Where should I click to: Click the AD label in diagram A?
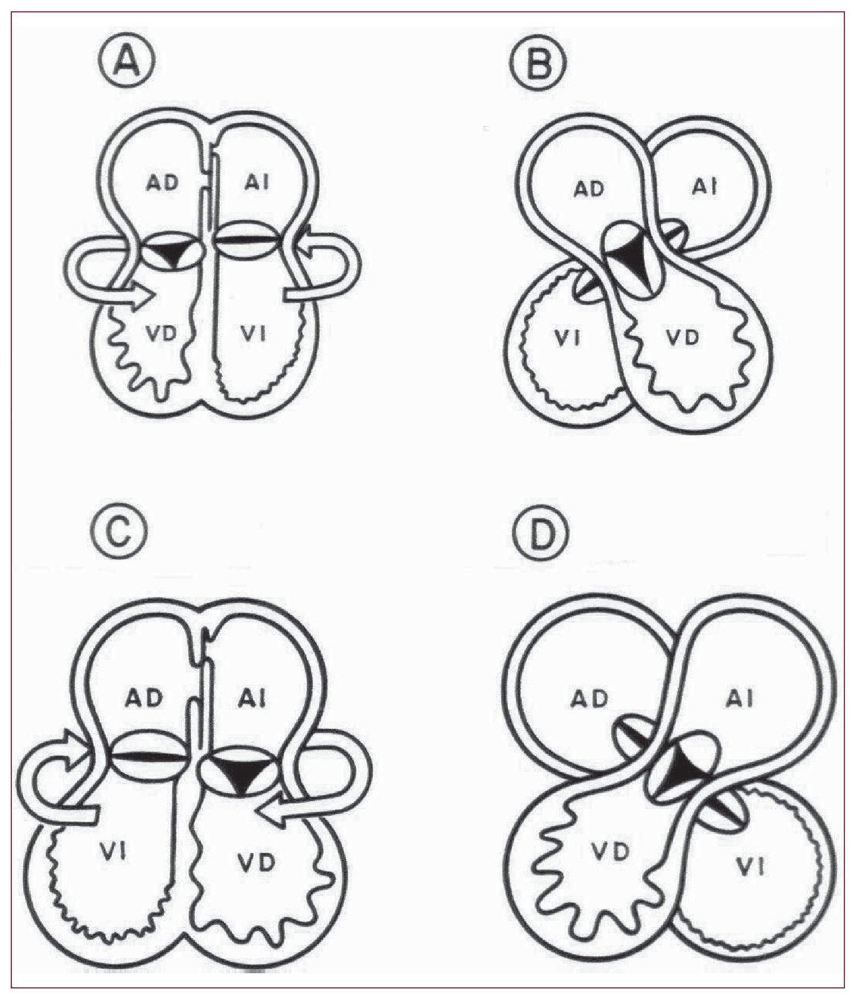pos(163,183)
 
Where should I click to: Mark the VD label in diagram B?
pos(683,338)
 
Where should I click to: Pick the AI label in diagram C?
pos(252,699)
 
